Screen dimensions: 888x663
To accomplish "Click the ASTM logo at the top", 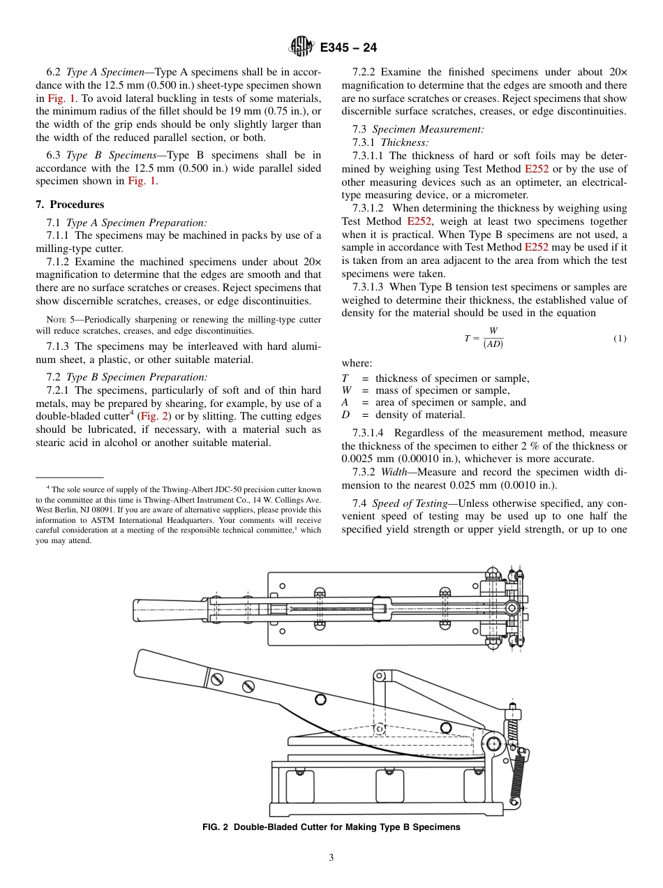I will [301, 47].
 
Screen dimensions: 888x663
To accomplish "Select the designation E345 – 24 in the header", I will [348, 47].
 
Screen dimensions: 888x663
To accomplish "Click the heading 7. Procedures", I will [70, 205].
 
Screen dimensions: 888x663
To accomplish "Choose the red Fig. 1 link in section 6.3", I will [142, 182].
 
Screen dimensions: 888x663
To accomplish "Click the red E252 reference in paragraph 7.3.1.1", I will [537, 169].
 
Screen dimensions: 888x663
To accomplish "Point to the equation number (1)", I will [620, 339].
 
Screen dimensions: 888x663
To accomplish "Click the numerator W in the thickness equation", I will [493, 331].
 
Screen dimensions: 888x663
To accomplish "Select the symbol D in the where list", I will [345, 415].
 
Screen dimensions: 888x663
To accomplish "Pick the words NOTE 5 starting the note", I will [59, 320].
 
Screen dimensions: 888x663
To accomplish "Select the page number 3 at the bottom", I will [331, 857].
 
